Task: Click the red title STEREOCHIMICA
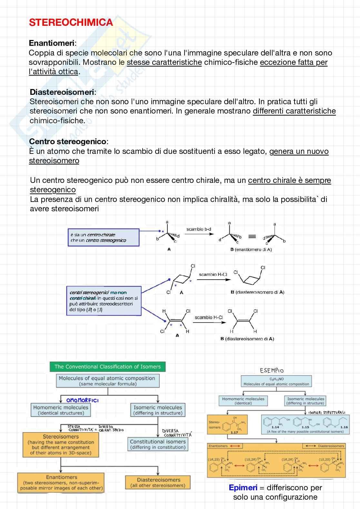coord(71,22)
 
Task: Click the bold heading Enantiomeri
coord(52,43)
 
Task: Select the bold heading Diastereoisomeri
coord(62,92)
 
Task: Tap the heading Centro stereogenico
coord(68,141)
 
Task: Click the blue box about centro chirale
coord(103,237)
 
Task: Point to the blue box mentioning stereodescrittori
coord(104,301)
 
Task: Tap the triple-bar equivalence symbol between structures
coord(252,236)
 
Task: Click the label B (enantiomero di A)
coord(251,249)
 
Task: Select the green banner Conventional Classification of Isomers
coord(107,366)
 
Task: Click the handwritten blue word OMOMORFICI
coord(82,400)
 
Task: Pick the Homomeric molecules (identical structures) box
coord(61,410)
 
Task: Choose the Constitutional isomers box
coord(158,444)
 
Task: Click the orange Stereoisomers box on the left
coord(61,444)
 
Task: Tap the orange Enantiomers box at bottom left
coord(61,483)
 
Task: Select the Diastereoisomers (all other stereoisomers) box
coord(158,483)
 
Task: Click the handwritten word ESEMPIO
coord(272,370)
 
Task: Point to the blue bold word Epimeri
coord(243,487)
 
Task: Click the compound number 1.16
coord(344,427)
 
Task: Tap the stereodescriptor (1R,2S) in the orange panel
coord(214,459)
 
